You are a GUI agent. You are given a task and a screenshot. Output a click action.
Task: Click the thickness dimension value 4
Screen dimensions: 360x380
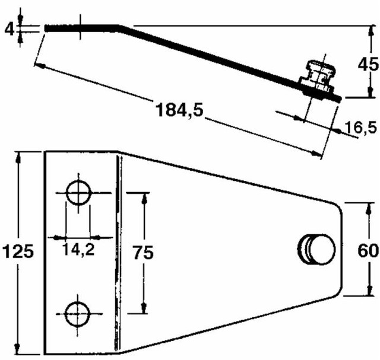7,27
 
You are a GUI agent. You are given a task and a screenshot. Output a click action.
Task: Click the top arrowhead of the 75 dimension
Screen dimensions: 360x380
144,196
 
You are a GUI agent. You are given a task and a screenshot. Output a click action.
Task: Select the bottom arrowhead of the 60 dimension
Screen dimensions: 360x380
369,292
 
